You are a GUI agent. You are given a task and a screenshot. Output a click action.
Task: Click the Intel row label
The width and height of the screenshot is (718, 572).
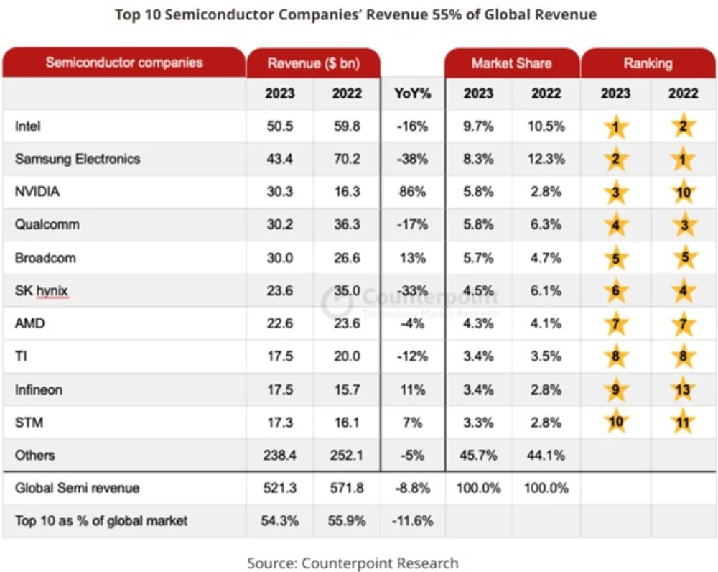pyautogui.click(x=28, y=126)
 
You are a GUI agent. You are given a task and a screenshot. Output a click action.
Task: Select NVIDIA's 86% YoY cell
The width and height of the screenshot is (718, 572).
pyautogui.click(x=412, y=193)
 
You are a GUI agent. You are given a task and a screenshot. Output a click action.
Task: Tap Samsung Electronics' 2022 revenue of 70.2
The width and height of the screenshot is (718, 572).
pyautogui.click(x=347, y=160)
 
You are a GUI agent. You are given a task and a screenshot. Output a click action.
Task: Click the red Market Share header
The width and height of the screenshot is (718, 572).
pyautogui.click(x=511, y=63)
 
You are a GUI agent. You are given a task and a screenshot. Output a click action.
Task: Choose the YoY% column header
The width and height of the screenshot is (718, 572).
pyautogui.click(x=412, y=93)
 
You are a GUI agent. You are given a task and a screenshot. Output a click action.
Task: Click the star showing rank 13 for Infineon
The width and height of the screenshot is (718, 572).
pyautogui.click(x=683, y=390)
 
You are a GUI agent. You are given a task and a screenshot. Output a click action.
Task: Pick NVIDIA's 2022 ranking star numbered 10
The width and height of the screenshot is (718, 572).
pyautogui.click(x=683, y=193)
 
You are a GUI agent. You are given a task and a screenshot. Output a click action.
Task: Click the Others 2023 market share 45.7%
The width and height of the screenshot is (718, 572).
pyautogui.click(x=478, y=456)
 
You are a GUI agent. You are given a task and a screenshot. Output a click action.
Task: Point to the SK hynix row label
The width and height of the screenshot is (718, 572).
pyautogui.click(x=40, y=291)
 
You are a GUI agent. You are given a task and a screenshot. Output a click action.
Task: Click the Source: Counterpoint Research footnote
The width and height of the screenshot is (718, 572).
pyautogui.click(x=353, y=562)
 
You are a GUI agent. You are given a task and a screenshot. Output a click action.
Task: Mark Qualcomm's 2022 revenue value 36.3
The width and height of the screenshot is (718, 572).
pyautogui.click(x=347, y=225)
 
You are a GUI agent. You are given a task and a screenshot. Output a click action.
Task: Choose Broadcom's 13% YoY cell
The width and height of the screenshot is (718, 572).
pyautogui.click(x=412, y=258)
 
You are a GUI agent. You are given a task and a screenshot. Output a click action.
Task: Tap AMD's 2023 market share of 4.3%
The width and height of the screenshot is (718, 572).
pyautogui.click(x=478, y=324)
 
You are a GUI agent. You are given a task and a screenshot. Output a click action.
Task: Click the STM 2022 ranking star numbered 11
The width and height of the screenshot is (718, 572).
pyautogui.click(x=683, y=423)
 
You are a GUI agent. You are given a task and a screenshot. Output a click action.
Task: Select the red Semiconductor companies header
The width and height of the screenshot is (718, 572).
pyautogui.click(x=123, y=63)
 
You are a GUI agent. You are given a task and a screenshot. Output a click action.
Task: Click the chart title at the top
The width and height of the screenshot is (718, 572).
pyautogui.click(x=355, y=14)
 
